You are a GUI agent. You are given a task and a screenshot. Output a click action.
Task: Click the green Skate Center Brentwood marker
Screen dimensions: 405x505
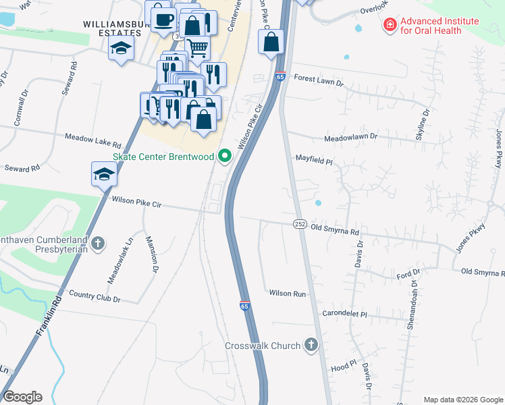[225, 157]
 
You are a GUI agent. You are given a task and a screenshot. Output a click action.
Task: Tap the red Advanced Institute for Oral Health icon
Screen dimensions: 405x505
[390, 26]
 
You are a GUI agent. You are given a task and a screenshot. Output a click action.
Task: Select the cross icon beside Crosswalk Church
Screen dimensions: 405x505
[311, 346]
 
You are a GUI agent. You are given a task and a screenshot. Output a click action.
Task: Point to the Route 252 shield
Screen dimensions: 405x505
[300, 223]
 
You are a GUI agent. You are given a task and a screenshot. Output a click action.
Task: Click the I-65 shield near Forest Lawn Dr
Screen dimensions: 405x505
[280, 77]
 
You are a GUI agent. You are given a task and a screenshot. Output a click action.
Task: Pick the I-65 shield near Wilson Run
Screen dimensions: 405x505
[244, 306]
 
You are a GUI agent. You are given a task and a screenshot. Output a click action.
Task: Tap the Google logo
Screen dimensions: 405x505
[22, 397]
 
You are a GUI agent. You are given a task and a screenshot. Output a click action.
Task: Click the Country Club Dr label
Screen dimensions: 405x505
[95, 298]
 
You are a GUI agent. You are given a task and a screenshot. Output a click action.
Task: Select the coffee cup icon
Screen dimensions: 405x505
[163, 20]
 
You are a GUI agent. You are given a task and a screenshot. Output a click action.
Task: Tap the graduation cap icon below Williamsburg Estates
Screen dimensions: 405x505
[122, 48]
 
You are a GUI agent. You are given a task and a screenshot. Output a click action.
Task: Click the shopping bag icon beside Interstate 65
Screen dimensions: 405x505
[271, 42]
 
